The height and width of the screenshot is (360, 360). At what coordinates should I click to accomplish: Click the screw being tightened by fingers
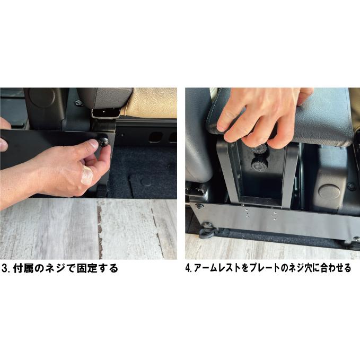103,142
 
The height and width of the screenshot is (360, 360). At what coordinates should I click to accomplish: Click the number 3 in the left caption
5,268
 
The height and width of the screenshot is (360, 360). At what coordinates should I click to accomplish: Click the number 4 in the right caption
188,268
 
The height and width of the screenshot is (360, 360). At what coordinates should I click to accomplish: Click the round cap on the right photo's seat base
330,191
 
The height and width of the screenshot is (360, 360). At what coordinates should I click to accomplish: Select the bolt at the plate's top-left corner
198,206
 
